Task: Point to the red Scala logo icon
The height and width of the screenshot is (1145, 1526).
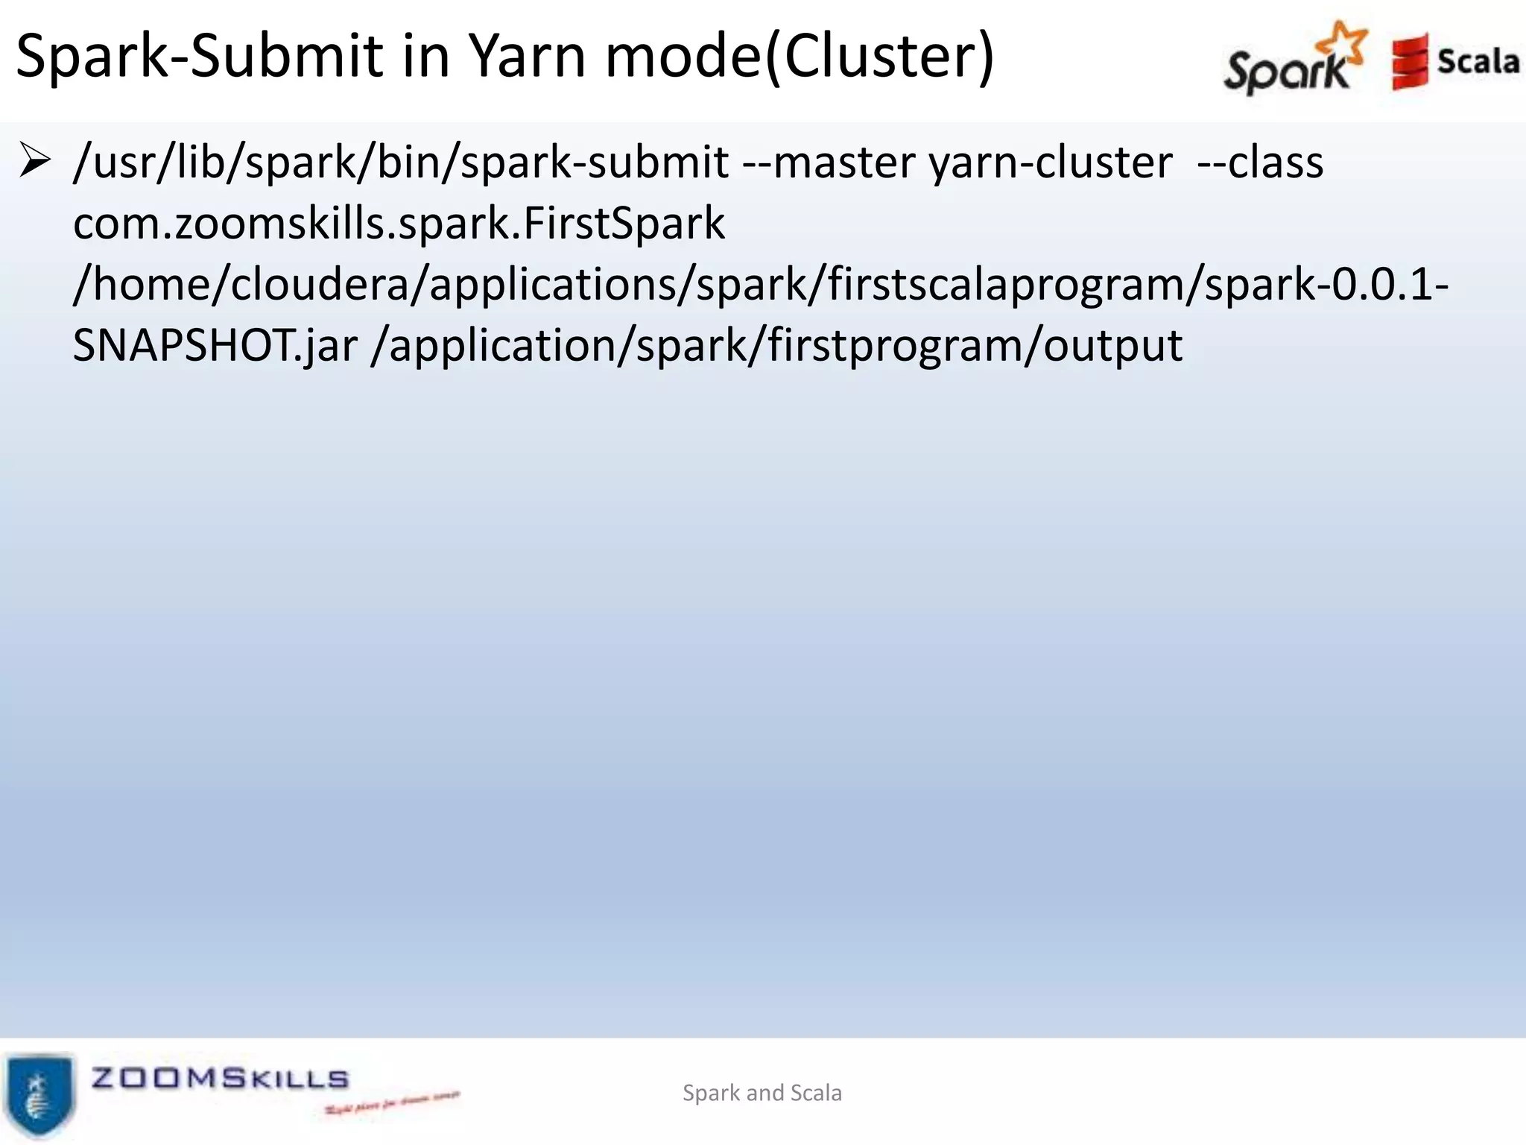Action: click(x=1408, y=61)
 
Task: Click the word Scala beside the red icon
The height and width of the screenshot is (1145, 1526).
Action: click(x=1478, y=61)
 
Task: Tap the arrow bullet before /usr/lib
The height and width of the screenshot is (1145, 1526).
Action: click(x=34, y=161)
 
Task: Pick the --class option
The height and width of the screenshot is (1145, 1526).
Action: click(x=1260, y=163)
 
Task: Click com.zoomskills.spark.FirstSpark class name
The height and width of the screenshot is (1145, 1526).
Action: click(x=399, y=224)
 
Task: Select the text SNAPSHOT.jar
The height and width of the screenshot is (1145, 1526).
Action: click(x=215, y=346)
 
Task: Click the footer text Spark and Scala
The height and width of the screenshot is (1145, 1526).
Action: click(x=762, y=1093)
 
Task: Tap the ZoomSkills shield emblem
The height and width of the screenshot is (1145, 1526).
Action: click(x=40, y=1094)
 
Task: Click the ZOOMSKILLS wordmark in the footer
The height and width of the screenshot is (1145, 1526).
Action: click(x=220, y=1078)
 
